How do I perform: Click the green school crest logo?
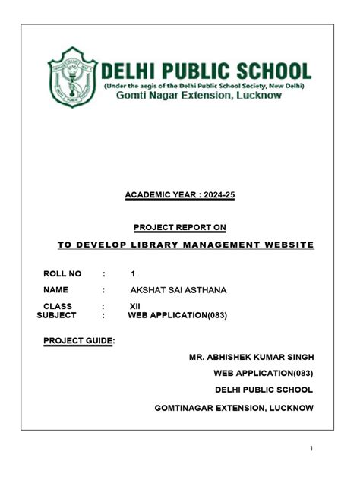click(x=73, y=78)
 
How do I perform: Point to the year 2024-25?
click(x=216, y=196)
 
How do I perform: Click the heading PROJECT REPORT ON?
click(x=179, y=227)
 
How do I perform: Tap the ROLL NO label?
click(x=62, y=273)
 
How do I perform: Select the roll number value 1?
click(x=133, y=273)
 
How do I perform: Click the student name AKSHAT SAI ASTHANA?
click(x=178, y=290)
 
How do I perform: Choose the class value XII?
click(x=135, y=306)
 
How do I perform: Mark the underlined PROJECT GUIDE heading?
click(x=78, y=340)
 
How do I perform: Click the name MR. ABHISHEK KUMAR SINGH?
click(x=251, y=357)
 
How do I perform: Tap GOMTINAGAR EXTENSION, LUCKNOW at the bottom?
click(x=234, y=408)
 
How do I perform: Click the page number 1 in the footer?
click(x=311, y=449)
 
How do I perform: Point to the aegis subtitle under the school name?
click(x=204, y=86)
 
